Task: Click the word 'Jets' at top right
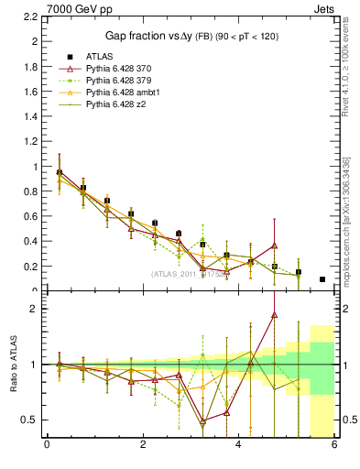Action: (x=324, y=8)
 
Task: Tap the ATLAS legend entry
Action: (x=98, y=56)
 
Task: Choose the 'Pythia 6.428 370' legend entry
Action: (x=118, y=69)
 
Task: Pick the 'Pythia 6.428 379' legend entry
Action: (x=118, y=81)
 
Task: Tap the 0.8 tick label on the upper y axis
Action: (x=29, y=192)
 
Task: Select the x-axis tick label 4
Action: (x=238, y=446)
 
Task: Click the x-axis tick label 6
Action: (x=334, y=446)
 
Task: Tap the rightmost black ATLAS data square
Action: (x=322, y=279)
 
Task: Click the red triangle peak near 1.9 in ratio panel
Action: (x=274, y=314)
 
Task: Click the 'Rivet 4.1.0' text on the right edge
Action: (x=345, y=55)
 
